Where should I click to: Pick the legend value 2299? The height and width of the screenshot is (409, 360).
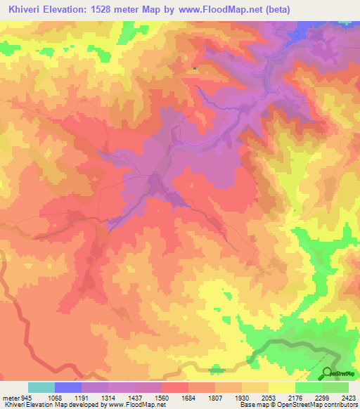point(328,397)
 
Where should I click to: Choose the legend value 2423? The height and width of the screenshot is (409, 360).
point(349,397)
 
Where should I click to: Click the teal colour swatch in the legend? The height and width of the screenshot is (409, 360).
point(41,387)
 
